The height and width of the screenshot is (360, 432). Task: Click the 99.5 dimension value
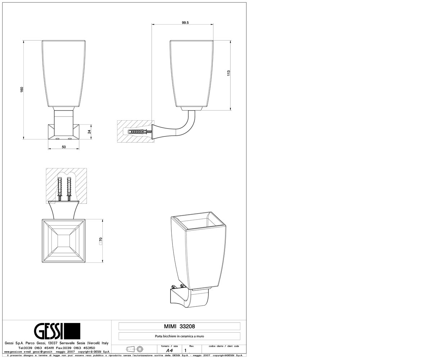click(185, 23)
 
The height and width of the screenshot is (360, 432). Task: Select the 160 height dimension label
click(22, 90)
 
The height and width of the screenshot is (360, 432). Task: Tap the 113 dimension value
click(228, 73)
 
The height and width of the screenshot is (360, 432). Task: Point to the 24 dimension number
click(89, 132)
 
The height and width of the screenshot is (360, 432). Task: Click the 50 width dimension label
click(64, 147)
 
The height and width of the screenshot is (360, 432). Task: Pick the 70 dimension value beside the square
click(101, 239)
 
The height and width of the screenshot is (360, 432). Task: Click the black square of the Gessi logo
click(73, 331)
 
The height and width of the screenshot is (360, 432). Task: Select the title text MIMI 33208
click(179, 326)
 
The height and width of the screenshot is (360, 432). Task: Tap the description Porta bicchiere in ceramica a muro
click(179, 336)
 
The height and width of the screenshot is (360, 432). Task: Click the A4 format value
click(170, 351)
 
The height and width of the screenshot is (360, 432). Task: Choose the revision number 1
click(186, 351)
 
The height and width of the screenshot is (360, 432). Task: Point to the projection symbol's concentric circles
click(140, 349)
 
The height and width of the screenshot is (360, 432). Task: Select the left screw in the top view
click(59, 189)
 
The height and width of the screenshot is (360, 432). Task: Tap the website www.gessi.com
click(13, 351)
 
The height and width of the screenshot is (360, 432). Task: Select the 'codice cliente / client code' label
click(224, 346)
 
